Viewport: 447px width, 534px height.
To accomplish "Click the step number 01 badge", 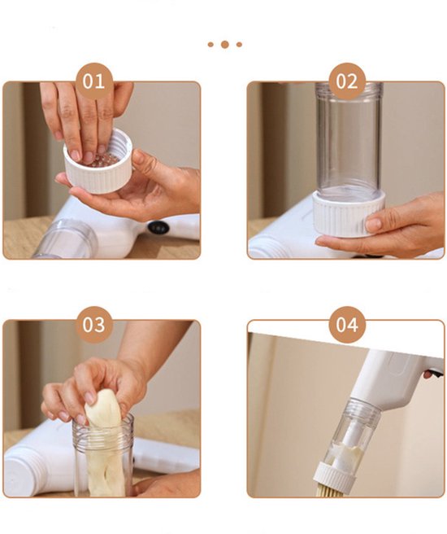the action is pos(93,81).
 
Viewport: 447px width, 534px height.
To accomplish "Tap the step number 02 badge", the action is pos(347,81).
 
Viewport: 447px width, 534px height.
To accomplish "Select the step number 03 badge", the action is pos(93,325).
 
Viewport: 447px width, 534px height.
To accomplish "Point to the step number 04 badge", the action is pos(347,325).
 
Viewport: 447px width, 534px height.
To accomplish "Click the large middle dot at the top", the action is pos(224,45).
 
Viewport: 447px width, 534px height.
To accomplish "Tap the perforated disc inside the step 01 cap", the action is pos(102,160).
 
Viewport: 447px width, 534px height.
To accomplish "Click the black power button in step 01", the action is pos(158,227).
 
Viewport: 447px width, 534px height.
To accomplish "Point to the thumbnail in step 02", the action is pos(374,225).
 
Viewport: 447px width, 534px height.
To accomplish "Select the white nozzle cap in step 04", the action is pos(335,476).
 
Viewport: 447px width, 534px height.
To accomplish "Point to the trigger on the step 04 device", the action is pos(433,374).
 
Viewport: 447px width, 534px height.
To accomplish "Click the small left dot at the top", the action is pos(210,45).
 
